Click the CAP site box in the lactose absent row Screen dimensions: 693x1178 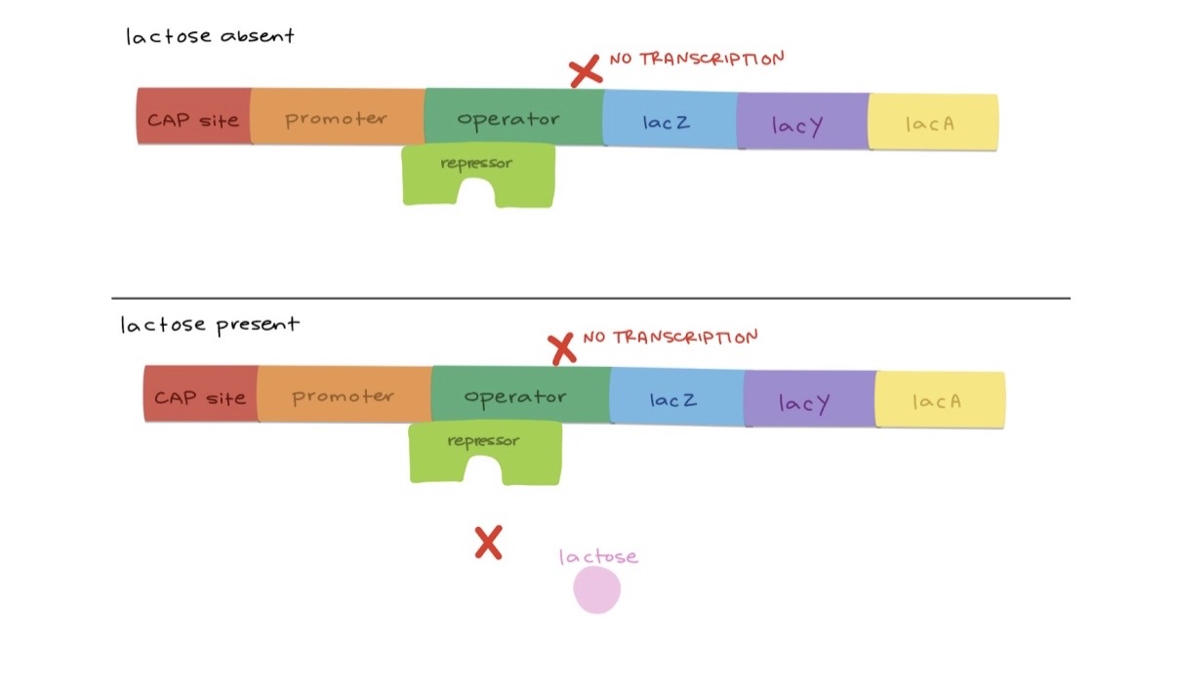point(193,117)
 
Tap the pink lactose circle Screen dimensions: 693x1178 point(596,591)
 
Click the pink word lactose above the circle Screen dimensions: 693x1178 point(598,556)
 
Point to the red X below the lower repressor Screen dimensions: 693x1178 point(488,542)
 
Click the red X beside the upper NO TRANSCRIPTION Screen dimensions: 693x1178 point(585,70)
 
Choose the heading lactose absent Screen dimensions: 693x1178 point(210,37)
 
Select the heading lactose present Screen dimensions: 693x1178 point(209,324)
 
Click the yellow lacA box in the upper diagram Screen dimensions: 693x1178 point(932,123)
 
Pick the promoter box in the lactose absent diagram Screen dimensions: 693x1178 point(337,117)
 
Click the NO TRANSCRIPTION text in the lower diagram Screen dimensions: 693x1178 point(670,338)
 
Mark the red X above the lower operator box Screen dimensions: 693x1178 point(561,347)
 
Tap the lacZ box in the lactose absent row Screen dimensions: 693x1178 point(669,122)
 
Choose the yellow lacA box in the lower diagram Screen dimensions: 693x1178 point(939,400)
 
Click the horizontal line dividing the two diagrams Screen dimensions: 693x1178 point(590,298)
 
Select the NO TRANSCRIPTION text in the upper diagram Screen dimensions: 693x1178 point(697,60)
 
